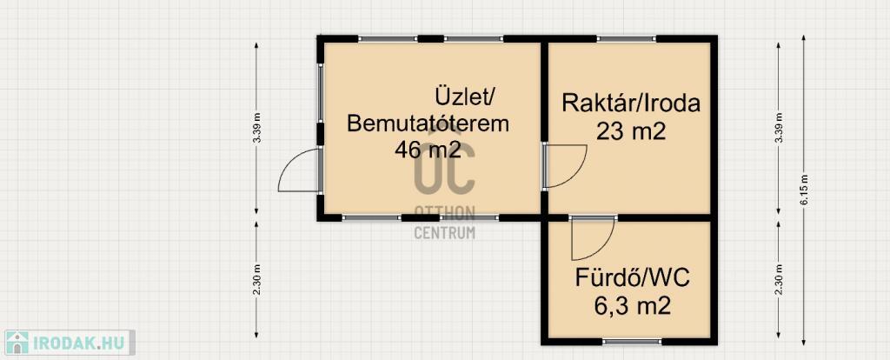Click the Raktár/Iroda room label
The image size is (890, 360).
point(631,103)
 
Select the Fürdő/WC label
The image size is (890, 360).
point(633,279)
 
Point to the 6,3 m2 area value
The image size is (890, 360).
point(633,306)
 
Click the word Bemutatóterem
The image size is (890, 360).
point(428,123)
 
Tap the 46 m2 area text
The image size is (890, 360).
point(428,150)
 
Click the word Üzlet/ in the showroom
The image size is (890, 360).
point(466,95)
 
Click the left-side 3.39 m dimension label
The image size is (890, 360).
point(257,128)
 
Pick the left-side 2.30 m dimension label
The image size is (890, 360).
point(257,280)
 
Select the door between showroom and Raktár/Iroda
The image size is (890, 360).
point(564,166)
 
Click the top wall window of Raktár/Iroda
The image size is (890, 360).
point(626,38)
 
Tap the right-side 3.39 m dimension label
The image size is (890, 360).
point(779,128)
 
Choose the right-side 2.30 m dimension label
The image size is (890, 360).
point(779,280)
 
